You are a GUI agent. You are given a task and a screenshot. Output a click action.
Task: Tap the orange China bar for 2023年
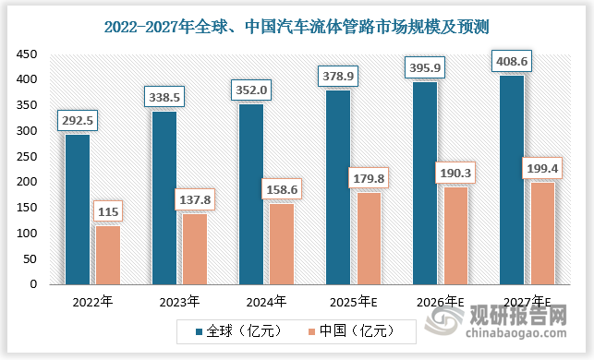194,249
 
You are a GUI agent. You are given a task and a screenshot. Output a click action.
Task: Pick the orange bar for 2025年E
368,238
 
